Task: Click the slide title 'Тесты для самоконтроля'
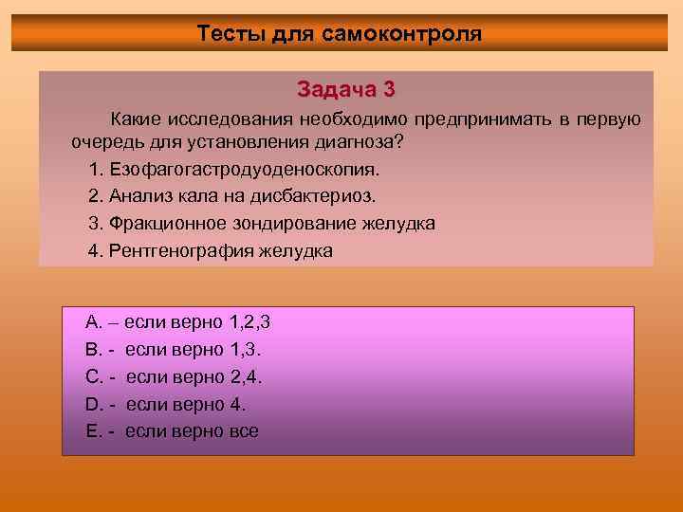pos(340,34)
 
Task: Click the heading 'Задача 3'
pos(346,90)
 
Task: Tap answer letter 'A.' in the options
pos(94,322)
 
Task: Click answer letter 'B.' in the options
pos(93,350)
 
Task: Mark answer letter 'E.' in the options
pos(93,432)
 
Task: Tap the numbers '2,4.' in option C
pos(246,377)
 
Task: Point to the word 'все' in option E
pos(244,432)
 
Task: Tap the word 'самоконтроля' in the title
pos(401,34)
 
